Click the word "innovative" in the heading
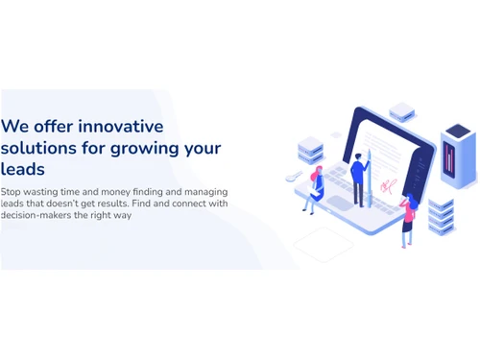point(120,126)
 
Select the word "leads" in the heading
point(23,170)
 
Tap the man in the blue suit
point(358,180)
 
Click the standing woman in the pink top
point(407,219)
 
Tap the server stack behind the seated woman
point(310,151)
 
